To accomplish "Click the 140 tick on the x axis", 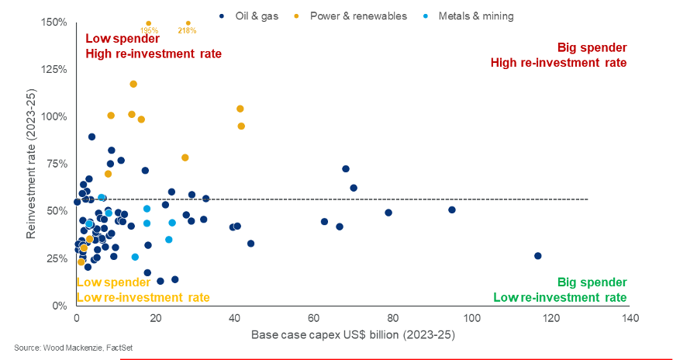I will (630, 318).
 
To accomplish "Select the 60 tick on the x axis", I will (314, 318).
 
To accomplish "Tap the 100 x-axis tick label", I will (471, 318).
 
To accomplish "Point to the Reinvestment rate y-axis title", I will (32, 164).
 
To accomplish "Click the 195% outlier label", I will (149, 31).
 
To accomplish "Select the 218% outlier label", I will (187, 31).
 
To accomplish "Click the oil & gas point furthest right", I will (538, 256).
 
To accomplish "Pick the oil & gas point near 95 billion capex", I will (452, 209).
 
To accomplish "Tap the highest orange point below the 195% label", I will (133, 84).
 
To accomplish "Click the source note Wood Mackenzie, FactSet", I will (73, 348).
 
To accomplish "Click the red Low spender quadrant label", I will (153, 46).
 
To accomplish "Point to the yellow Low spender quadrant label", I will (143, 289).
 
